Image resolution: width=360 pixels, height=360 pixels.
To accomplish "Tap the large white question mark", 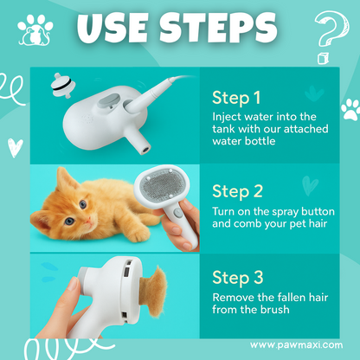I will [326, 32].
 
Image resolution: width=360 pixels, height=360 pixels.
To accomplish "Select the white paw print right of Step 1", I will [350, 109].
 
